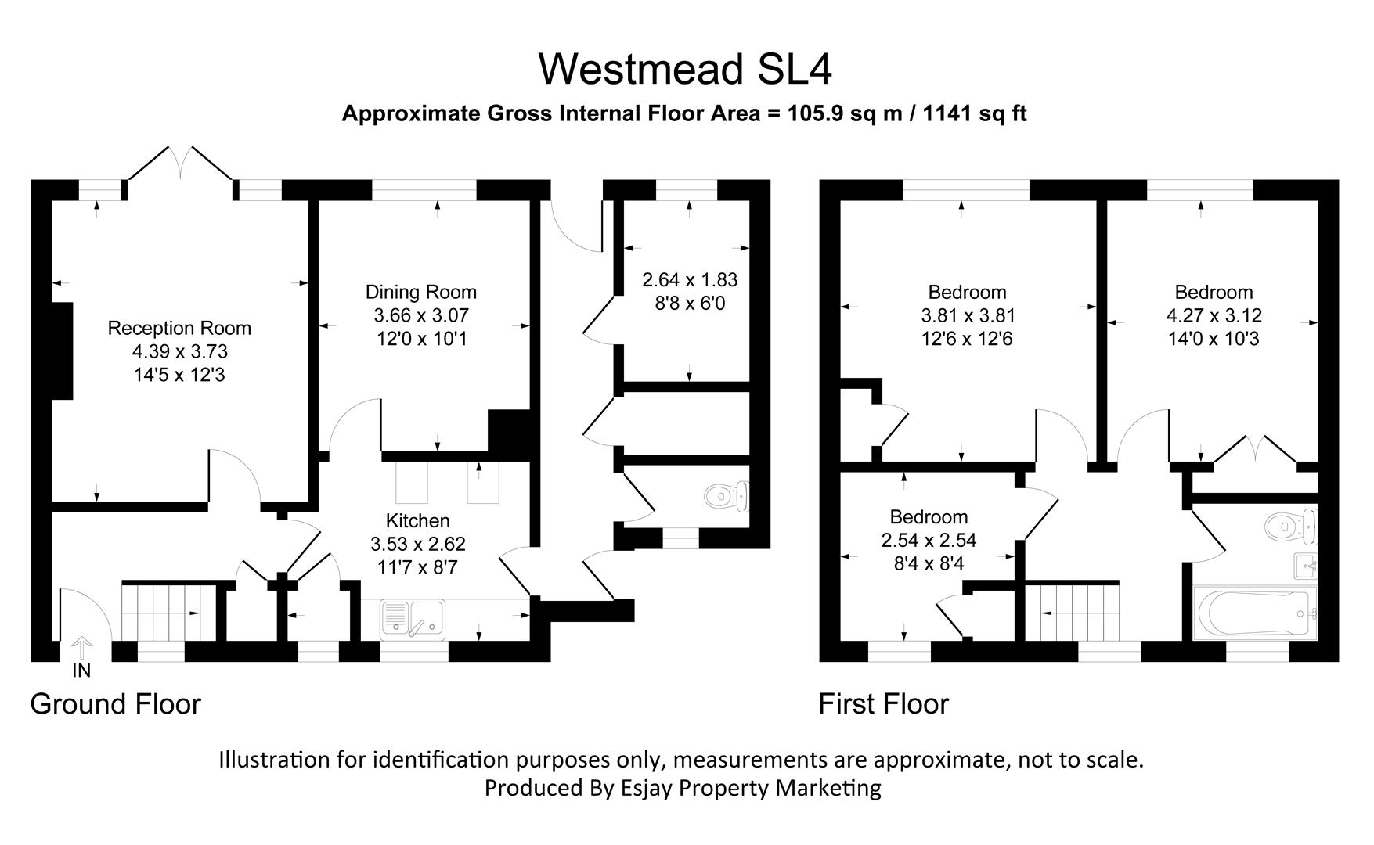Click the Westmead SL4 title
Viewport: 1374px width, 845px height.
click(685, 69)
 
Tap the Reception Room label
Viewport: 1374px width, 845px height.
click(179, 328)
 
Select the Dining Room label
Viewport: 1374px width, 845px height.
click(421, 292)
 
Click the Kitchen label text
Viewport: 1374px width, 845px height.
click(417, 520)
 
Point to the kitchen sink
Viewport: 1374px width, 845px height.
click(413, 618)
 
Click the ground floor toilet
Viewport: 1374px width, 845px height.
click(727, 497)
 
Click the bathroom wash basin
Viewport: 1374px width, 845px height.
click(1305, 565)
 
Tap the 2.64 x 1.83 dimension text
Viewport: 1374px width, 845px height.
click(690, 279)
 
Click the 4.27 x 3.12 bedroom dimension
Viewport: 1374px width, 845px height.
click(1214, 315)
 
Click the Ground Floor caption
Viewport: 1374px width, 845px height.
click(115, 704)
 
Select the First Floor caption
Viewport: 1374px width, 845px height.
click(883, 704)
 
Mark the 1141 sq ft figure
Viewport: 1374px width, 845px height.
click(975, 114)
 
